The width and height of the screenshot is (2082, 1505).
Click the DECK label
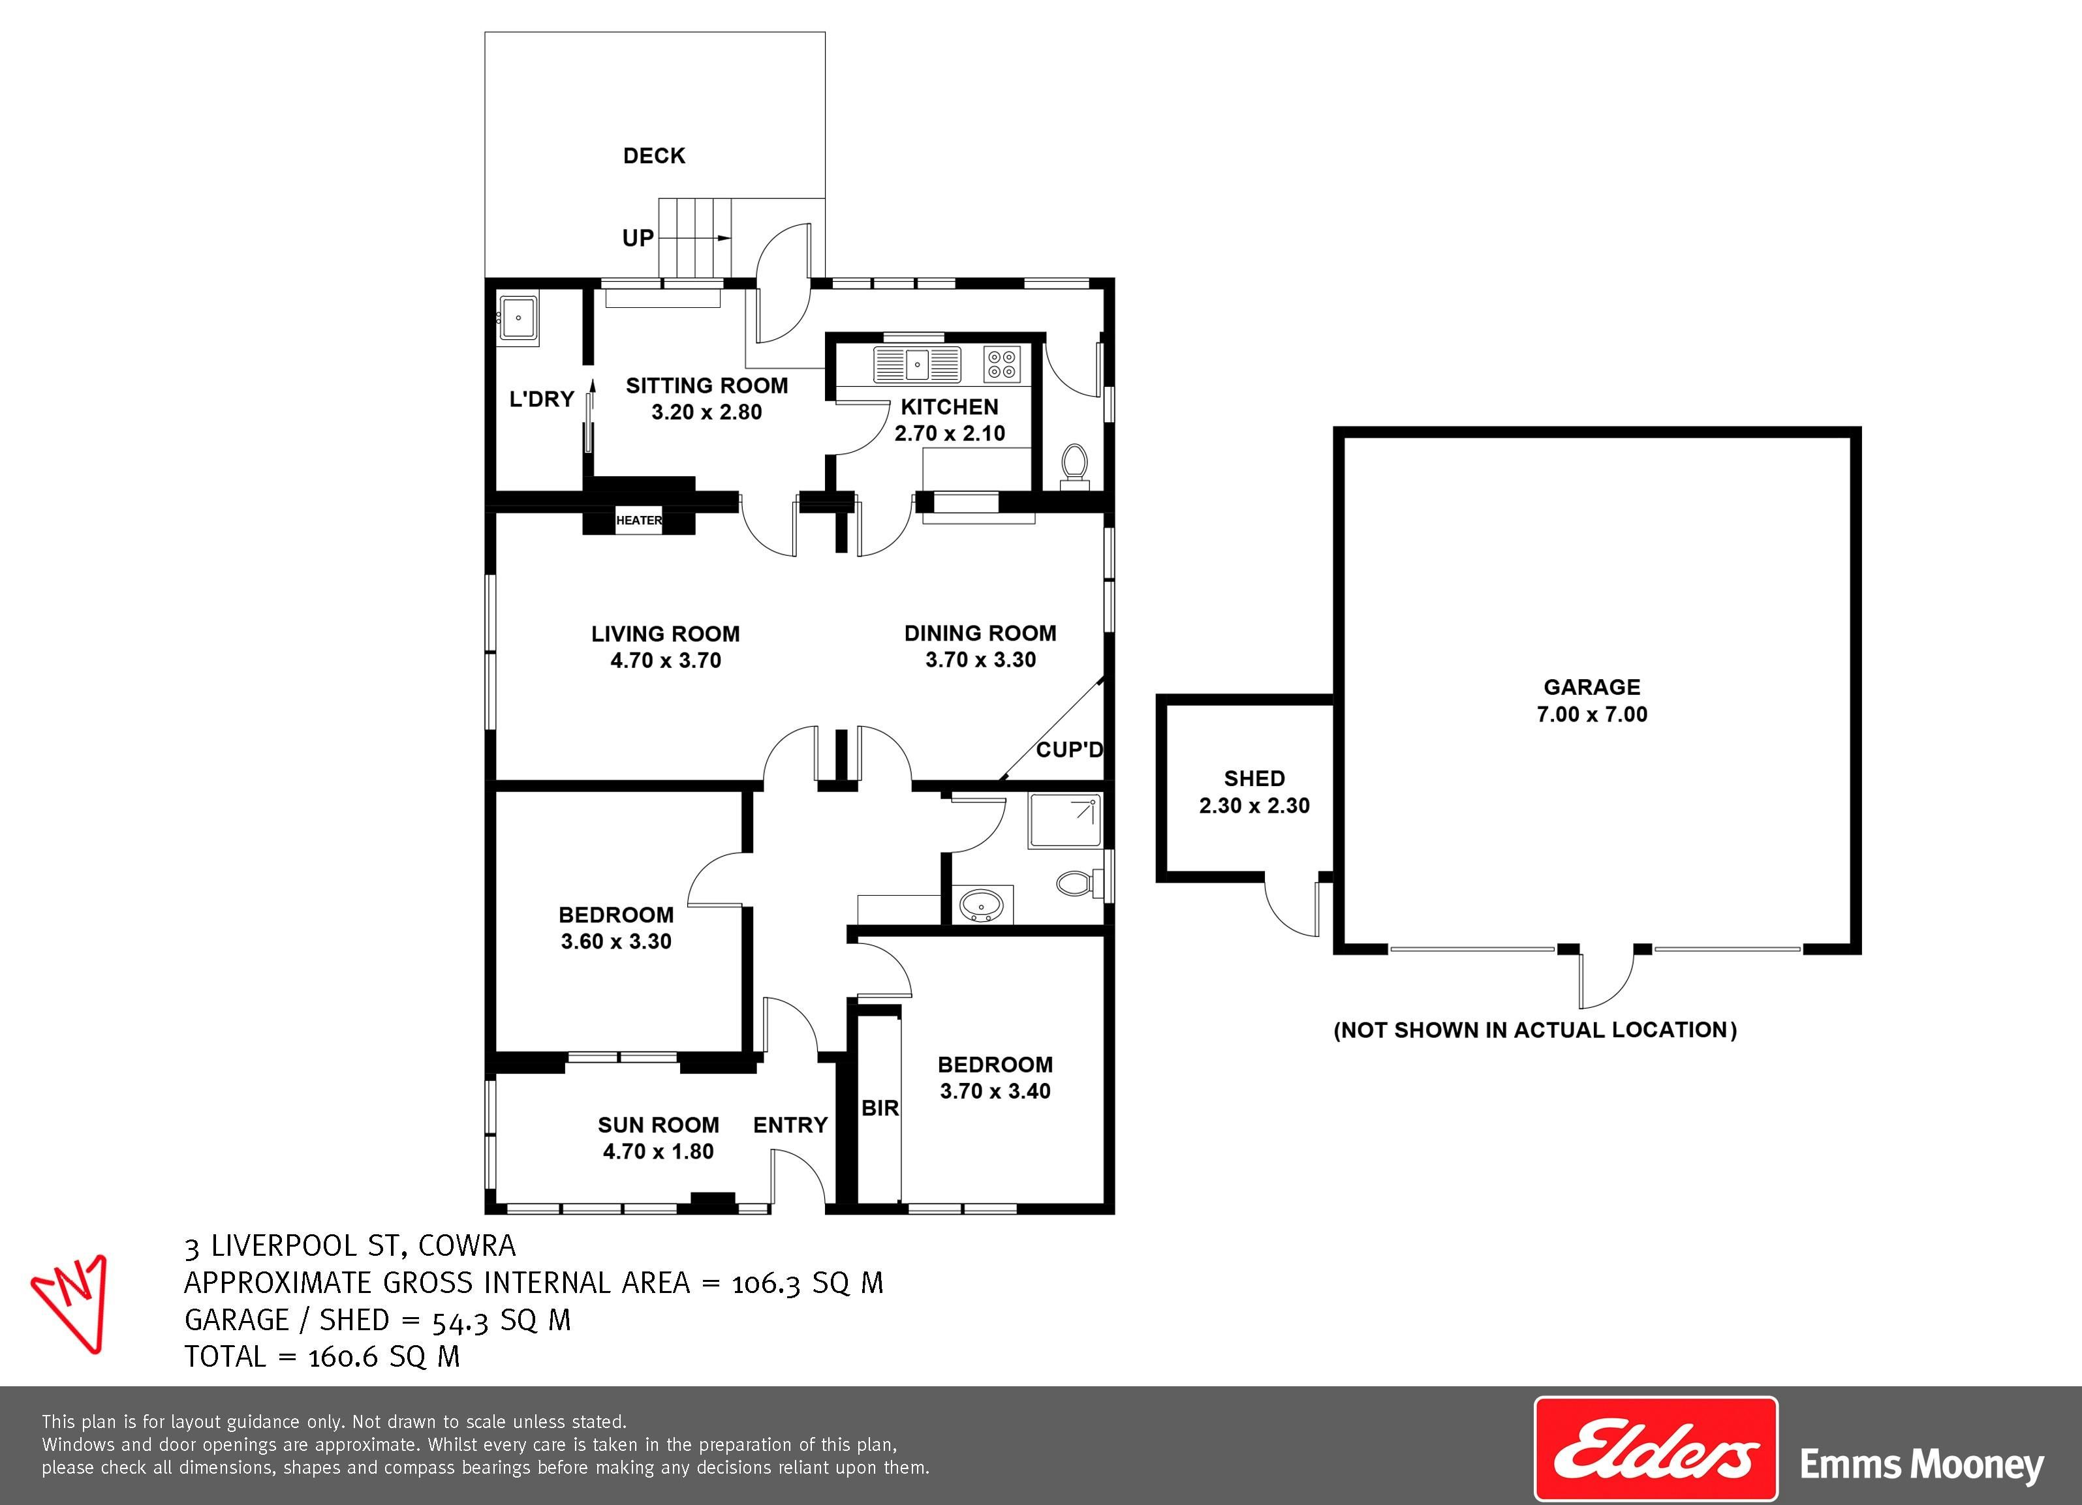653,156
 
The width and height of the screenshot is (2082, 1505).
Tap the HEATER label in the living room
639,521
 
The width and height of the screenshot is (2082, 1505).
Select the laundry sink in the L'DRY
519,320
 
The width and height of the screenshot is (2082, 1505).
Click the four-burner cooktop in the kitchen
1002,364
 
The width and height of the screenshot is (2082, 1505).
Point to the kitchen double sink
916,364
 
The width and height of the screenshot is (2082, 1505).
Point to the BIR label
879,1108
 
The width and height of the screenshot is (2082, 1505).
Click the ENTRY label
790,1125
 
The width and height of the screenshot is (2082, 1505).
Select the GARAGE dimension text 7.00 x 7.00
1592,714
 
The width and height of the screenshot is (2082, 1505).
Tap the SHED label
1254,779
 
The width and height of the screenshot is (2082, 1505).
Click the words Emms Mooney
1921,1464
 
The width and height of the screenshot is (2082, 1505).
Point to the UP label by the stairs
638,239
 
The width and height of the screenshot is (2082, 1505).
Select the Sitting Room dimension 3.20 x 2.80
707,412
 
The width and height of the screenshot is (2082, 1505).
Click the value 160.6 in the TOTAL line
343,1356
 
